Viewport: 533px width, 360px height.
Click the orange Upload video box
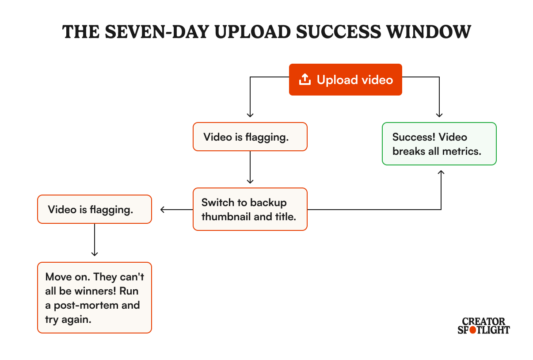tap(346, 80)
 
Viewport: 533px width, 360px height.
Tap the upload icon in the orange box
tap(305, 79)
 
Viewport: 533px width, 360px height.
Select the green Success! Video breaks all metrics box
tap(439, 144)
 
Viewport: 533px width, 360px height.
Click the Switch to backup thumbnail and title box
tap(250, 209)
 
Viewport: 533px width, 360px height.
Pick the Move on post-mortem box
tap(95, 298)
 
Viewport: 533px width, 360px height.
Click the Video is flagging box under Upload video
tap(250, 137)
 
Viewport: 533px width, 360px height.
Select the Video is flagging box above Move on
tap(95, 209)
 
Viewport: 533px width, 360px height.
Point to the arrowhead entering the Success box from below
tap(441, 172)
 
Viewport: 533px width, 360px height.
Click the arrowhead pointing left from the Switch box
tap(163, 210)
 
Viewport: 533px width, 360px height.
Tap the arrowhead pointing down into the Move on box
tap(95, 254)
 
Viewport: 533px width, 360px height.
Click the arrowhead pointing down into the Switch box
tap(250, 181)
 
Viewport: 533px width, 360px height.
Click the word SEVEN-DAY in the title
tap(157, 32)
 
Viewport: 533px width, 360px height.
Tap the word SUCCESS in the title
tap(339, 32)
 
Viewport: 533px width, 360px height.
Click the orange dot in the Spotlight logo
tap(473, 330)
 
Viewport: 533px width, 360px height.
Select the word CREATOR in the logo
tap(484, 322)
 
